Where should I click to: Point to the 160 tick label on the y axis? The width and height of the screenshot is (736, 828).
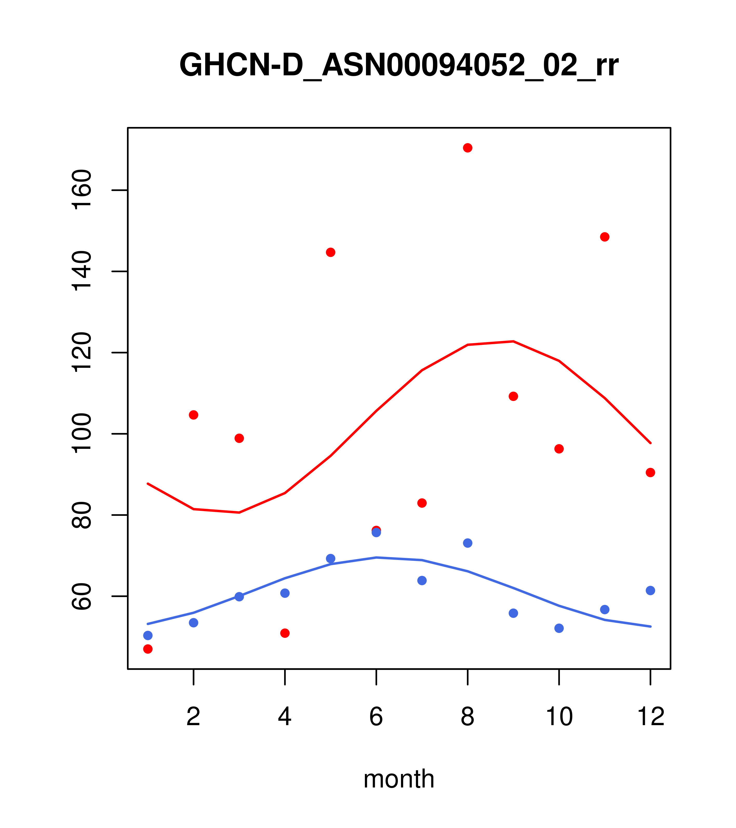(82, 190)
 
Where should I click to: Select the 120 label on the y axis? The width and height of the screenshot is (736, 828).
(82, 352)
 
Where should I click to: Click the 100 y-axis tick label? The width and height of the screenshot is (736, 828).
(82, 433)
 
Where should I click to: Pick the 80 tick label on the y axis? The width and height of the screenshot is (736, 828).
(82, 515)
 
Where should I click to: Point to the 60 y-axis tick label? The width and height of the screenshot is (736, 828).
(82, 596)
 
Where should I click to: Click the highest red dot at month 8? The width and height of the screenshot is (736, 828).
(467, 148)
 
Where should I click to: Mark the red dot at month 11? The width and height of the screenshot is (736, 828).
(605, 237)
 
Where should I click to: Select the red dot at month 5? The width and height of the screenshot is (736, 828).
(331, 252)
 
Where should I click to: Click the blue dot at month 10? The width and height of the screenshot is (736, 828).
(559, 628)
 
